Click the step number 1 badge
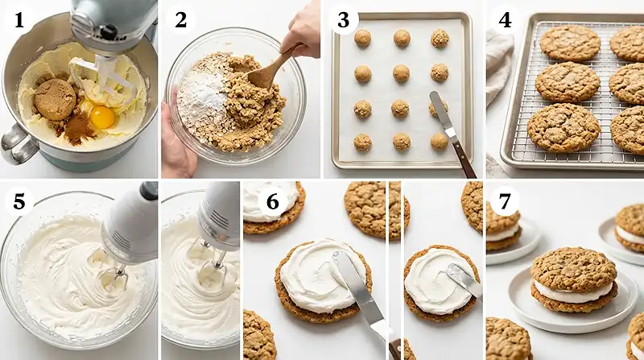pos(18,19)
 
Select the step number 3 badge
pos(343,19)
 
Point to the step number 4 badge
pos(506,19)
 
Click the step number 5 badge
pos(18,201)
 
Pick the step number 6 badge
pos(272,201)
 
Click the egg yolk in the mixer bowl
pos(102,117)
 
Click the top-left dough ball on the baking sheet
pos(363,38)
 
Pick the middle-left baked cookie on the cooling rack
pos(568,81)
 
